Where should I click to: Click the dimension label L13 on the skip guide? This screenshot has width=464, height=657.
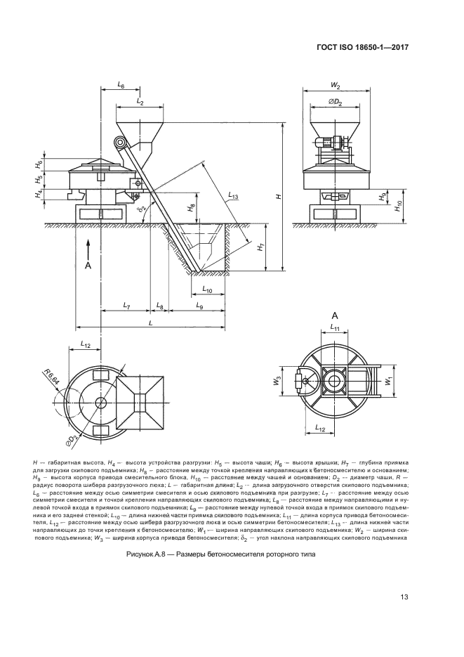point(234,197)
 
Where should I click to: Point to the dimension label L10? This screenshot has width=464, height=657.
point(208,289)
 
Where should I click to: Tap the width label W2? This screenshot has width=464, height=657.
point(335,86)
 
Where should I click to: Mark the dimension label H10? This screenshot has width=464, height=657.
point(398,205)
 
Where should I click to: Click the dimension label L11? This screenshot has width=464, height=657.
point(335,328)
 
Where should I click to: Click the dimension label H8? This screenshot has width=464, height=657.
point(191,209)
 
